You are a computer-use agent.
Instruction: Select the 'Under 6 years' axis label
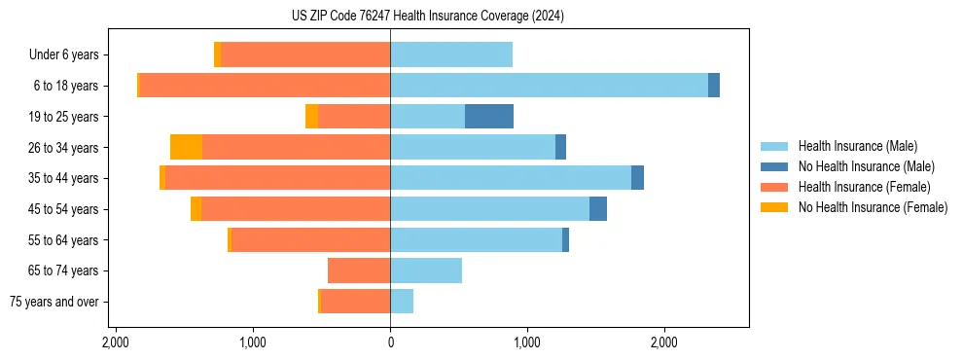(64, 55)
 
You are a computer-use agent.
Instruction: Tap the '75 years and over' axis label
(54, 302)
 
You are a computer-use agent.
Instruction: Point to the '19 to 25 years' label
(63, 117)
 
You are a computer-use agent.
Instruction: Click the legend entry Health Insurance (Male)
(857, 146)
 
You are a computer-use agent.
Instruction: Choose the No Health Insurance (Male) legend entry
(866, 166)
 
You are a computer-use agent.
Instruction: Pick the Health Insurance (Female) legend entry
(864, 187)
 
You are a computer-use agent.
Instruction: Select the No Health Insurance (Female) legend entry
(873, 207)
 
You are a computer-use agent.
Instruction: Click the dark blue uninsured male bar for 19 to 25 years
(489, 117)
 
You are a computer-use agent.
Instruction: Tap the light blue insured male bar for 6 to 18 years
(549, 86)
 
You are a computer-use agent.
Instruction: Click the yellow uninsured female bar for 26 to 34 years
(186, 147)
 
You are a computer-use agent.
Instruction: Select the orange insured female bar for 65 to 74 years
(359, 270)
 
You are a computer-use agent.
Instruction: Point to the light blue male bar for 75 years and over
(402, 302)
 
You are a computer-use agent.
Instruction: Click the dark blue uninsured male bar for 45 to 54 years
(598, 209)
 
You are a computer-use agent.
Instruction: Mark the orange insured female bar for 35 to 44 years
(277, 178)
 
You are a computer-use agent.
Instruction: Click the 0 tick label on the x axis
(390, 342)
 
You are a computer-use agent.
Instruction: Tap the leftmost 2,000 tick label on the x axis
(116, 342)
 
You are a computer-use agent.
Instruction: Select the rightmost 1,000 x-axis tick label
(527, 342)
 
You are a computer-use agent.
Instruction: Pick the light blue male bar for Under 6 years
(451, 55)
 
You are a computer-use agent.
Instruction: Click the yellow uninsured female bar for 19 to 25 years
(311, 117)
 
